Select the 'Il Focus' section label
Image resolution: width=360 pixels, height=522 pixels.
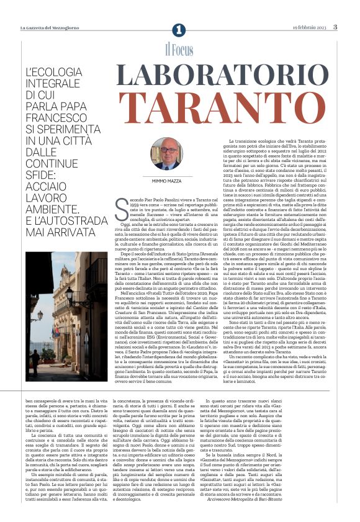(x=179, y=50)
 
